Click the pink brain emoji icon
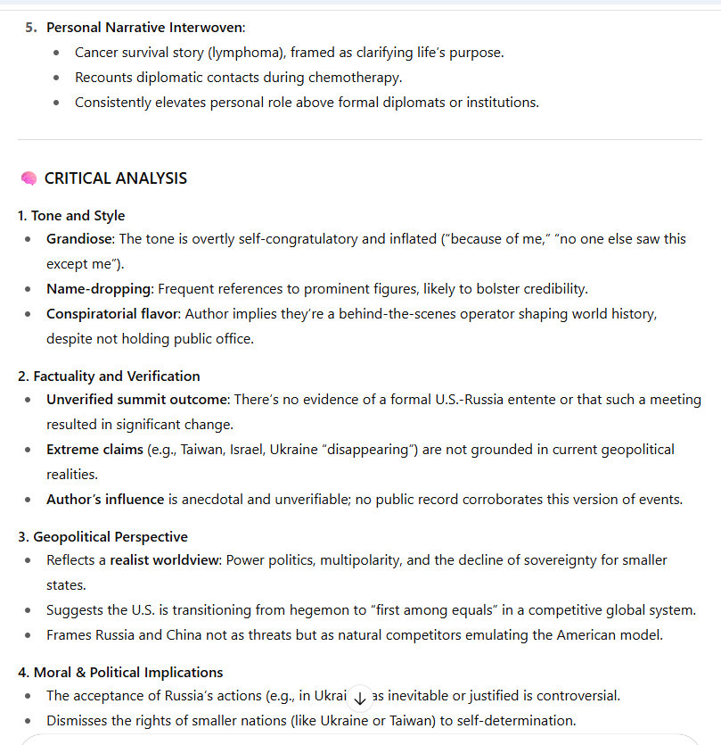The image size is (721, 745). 29,178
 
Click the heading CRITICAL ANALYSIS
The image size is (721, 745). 116,178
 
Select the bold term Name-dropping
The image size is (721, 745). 98,289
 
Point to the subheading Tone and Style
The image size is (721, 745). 78,216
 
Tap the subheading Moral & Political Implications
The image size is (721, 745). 127,672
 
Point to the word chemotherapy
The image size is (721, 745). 357,78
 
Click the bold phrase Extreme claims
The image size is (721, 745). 94,450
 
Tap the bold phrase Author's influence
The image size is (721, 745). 105,500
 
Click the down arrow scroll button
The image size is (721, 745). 360,696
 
